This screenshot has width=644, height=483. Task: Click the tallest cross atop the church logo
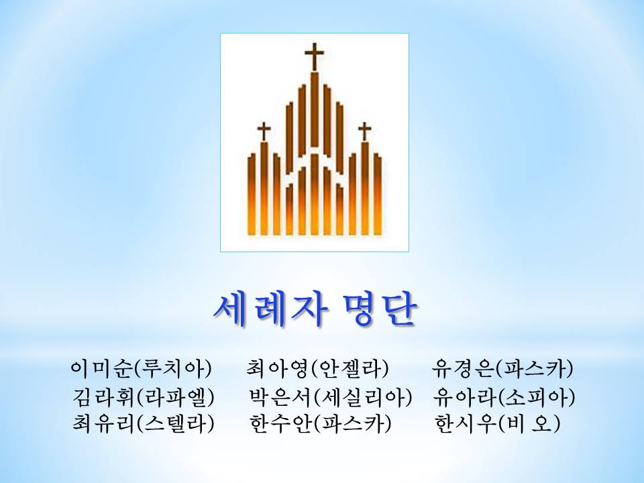[x=314, y=57]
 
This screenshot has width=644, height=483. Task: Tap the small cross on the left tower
[x=264, y=132]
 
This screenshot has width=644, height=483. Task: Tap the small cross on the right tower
[x=364, y=132]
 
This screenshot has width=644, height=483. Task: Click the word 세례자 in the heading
[x=271, y=310]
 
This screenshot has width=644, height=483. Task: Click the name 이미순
[x=102, y=368]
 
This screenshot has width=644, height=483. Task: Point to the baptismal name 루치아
[x=173, y=368]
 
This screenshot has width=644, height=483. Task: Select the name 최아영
[x=278, y=368]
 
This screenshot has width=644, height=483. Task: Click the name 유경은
[x=463, y=368]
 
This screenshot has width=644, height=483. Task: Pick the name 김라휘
[x=104, y=396]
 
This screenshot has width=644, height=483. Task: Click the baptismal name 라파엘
[x=175, y=396]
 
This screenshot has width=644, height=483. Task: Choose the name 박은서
[x=281, y=396]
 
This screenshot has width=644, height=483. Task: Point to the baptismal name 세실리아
[x=363, y=396]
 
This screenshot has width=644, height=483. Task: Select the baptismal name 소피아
[x=536, y=396]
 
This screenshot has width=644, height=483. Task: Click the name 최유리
[x=104, y=423]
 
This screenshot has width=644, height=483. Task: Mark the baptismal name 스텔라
[x=175, y=423]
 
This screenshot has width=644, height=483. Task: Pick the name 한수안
[x=281, y=423]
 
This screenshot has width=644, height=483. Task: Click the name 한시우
[x=466, y=423]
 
